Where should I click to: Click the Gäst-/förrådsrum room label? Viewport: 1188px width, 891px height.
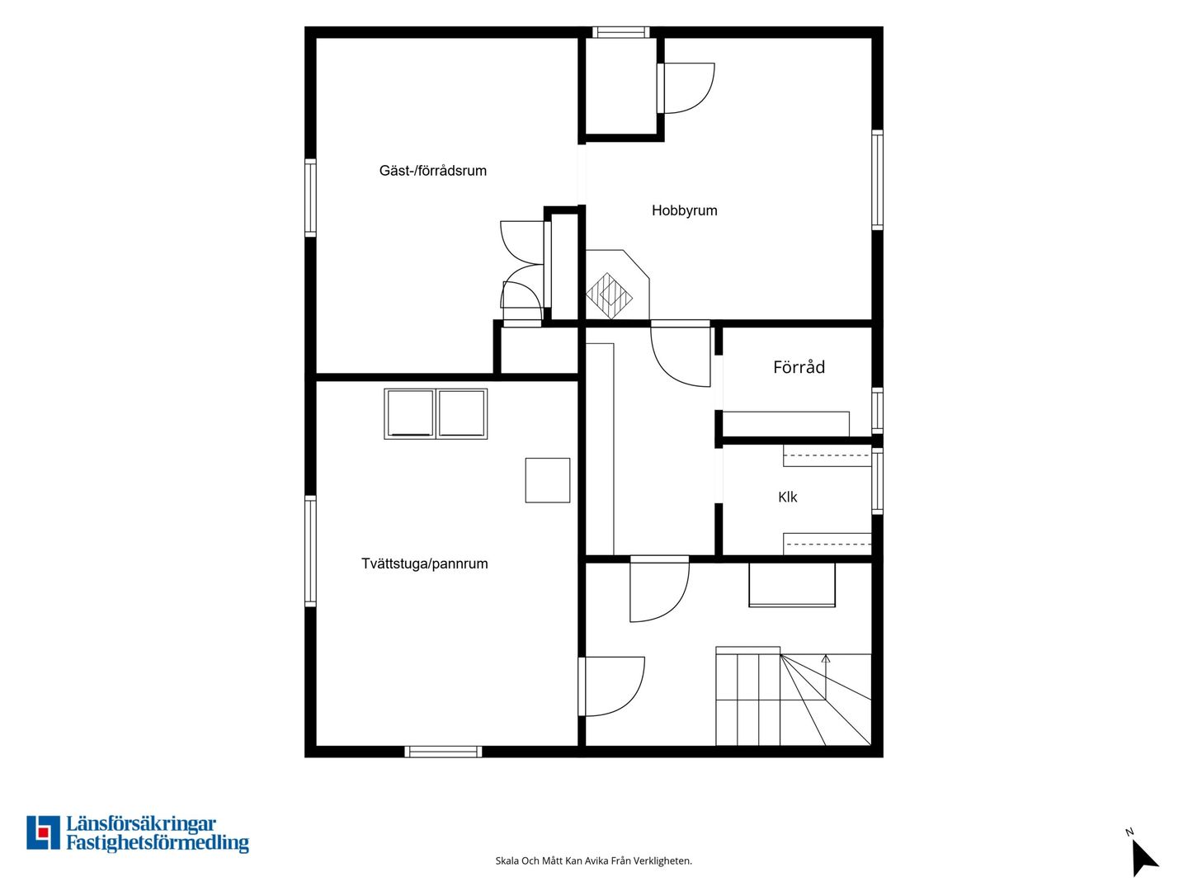(432, 171)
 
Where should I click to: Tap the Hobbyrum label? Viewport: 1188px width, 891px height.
(684, 210)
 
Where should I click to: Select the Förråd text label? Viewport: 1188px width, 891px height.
(799, 367)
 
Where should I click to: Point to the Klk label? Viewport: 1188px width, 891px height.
(788, 497)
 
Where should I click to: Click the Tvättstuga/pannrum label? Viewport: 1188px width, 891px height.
(424, 563)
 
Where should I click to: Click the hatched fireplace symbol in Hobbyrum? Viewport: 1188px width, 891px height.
(609, 296)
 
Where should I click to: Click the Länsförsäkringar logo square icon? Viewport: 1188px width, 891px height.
(43, 832)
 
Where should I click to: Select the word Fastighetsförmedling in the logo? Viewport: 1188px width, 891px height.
(158, 842)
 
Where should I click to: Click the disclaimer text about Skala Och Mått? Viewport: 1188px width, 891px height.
(594, 860)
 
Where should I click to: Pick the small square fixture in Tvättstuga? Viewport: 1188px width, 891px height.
(547, 480)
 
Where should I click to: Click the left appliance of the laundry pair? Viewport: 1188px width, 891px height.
(410, 414)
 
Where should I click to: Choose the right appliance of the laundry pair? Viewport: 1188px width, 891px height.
(462, 414)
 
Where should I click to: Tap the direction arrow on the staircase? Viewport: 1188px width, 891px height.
(825, 676)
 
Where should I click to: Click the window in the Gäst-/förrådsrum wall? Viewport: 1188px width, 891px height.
(310, 198)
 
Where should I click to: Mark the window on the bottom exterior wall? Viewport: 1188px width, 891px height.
(443, 752)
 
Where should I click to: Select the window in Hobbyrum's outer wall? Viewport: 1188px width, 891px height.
(877, 180)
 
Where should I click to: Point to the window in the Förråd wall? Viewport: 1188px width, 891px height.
(877, 411)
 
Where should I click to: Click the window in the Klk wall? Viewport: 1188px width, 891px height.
(877, 481)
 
